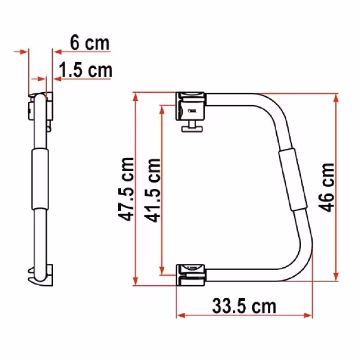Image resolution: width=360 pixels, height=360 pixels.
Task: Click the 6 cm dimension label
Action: [x=90, y=43]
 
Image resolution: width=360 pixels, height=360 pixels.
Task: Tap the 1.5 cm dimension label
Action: [x=85, y=70]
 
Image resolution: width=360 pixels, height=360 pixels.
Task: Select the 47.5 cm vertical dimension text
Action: [x=125, y=190]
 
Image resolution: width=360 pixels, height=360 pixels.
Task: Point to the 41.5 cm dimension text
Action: [x=152, y=190]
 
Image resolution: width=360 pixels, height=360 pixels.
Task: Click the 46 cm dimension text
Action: [x=326, y=187]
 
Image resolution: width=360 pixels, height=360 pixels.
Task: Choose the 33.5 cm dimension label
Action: [x=244, y=306]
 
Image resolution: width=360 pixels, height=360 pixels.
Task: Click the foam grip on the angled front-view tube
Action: [x=293, y=180]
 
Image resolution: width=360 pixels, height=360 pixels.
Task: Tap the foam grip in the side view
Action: [x=40, y=179]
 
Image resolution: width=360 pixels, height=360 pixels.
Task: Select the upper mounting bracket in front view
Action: [x=190, y=106]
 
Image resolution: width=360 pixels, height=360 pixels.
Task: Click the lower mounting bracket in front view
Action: [x=190, y=275]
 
